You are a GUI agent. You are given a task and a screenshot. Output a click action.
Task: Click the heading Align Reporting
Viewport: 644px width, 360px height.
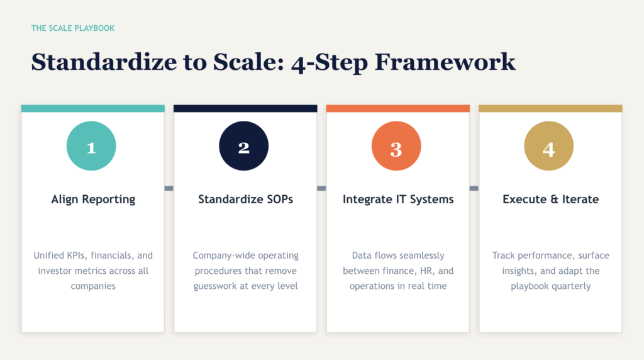tap(93, 200)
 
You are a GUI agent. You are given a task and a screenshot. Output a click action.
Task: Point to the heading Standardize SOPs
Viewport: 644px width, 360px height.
tap(245, 200)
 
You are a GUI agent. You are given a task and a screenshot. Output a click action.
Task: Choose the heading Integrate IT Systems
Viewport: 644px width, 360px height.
tap(398, 200)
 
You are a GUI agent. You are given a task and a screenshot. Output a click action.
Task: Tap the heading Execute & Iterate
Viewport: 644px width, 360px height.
tap(550, 200)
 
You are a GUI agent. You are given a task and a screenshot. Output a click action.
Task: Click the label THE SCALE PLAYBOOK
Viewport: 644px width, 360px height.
tap(73, 28)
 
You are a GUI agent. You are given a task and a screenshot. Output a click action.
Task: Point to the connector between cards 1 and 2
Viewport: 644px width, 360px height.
tap(169, 188)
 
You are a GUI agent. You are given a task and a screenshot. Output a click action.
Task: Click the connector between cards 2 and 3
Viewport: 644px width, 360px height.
tap(321, 188)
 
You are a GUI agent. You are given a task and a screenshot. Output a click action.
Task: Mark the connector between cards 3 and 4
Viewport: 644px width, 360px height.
tap(474, 188)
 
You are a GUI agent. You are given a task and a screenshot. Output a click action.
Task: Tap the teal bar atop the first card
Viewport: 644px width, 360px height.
tap(93, 108)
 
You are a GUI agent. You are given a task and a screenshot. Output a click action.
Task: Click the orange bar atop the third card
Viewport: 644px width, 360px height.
tap(398, 108)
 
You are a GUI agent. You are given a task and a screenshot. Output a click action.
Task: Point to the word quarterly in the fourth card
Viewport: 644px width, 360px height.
tap(572, 286)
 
